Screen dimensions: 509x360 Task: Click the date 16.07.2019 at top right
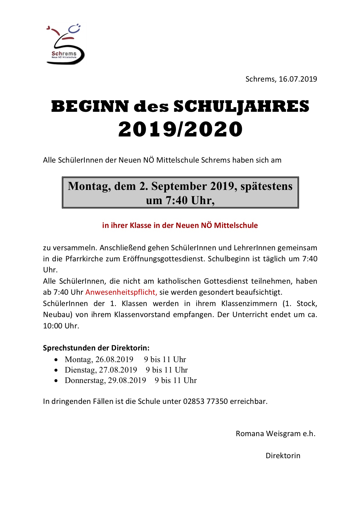point(298,79)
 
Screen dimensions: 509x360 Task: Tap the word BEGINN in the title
point(90,106)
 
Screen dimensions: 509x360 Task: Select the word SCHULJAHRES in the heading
point(241,106)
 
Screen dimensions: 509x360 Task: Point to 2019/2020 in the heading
point(180,129)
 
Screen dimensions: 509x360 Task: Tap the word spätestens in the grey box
point(267,186)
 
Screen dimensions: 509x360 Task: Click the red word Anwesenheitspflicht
point(121,292)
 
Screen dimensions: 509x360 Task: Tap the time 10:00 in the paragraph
point(53,326)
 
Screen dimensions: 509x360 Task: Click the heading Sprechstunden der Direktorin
point(96,348)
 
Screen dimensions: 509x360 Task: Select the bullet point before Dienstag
point(56,370)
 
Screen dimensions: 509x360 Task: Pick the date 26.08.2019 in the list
point(114,359)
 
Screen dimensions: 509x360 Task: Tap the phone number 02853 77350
point(205,401)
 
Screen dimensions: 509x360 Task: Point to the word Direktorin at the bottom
point(283,456)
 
